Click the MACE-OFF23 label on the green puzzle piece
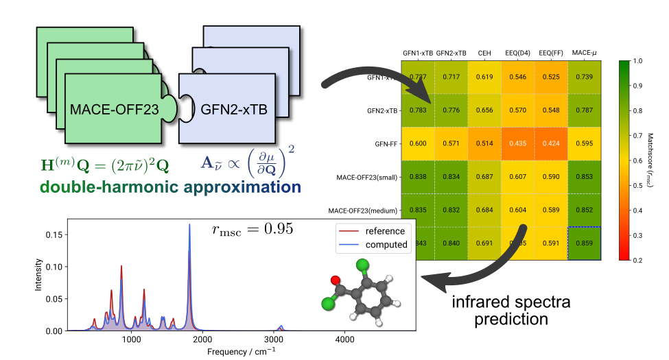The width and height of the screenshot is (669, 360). (115, 108)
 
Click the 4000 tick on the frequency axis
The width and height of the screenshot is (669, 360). (344, 339)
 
